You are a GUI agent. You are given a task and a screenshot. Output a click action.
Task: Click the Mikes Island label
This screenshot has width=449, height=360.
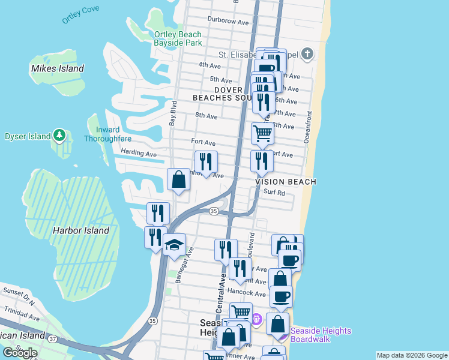click(x=58, y=68)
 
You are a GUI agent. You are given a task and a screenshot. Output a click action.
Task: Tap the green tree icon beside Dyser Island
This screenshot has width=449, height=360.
click(x=59, y=136)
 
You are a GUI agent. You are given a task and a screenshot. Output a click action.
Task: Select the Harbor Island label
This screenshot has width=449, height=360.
click(x=81, y=230)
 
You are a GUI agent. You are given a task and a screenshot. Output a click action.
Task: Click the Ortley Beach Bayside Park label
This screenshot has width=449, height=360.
click(x=178, y=38)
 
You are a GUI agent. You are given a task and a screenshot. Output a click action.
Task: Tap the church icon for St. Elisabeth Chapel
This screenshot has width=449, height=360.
click(x=307, y=54)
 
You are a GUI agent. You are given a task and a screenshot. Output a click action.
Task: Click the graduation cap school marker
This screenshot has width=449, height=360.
click(x=174, y=245)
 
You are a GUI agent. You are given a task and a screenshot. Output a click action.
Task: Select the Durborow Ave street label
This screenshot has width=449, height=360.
click(x=228, y=21)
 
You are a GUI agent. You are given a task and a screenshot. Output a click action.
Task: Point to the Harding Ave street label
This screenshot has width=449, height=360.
click(x=138, y=153)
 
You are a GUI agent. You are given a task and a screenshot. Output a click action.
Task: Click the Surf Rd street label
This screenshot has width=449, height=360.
click(x=274, y=193)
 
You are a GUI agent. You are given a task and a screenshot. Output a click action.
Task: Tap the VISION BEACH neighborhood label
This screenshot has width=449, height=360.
click(x=286, y=181)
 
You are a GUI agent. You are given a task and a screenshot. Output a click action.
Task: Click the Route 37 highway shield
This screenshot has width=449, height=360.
click(x=52, y=340)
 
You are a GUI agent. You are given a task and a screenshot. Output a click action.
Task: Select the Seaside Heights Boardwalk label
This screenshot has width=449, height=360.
click(x=321, y=335)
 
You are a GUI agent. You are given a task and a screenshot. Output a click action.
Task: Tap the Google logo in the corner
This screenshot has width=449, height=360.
click(x=19, y=352)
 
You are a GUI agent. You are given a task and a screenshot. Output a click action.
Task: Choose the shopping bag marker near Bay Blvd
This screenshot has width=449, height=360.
click(x=178, y=179)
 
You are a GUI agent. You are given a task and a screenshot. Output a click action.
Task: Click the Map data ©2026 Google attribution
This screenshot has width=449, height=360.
click(x=411, y=355)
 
